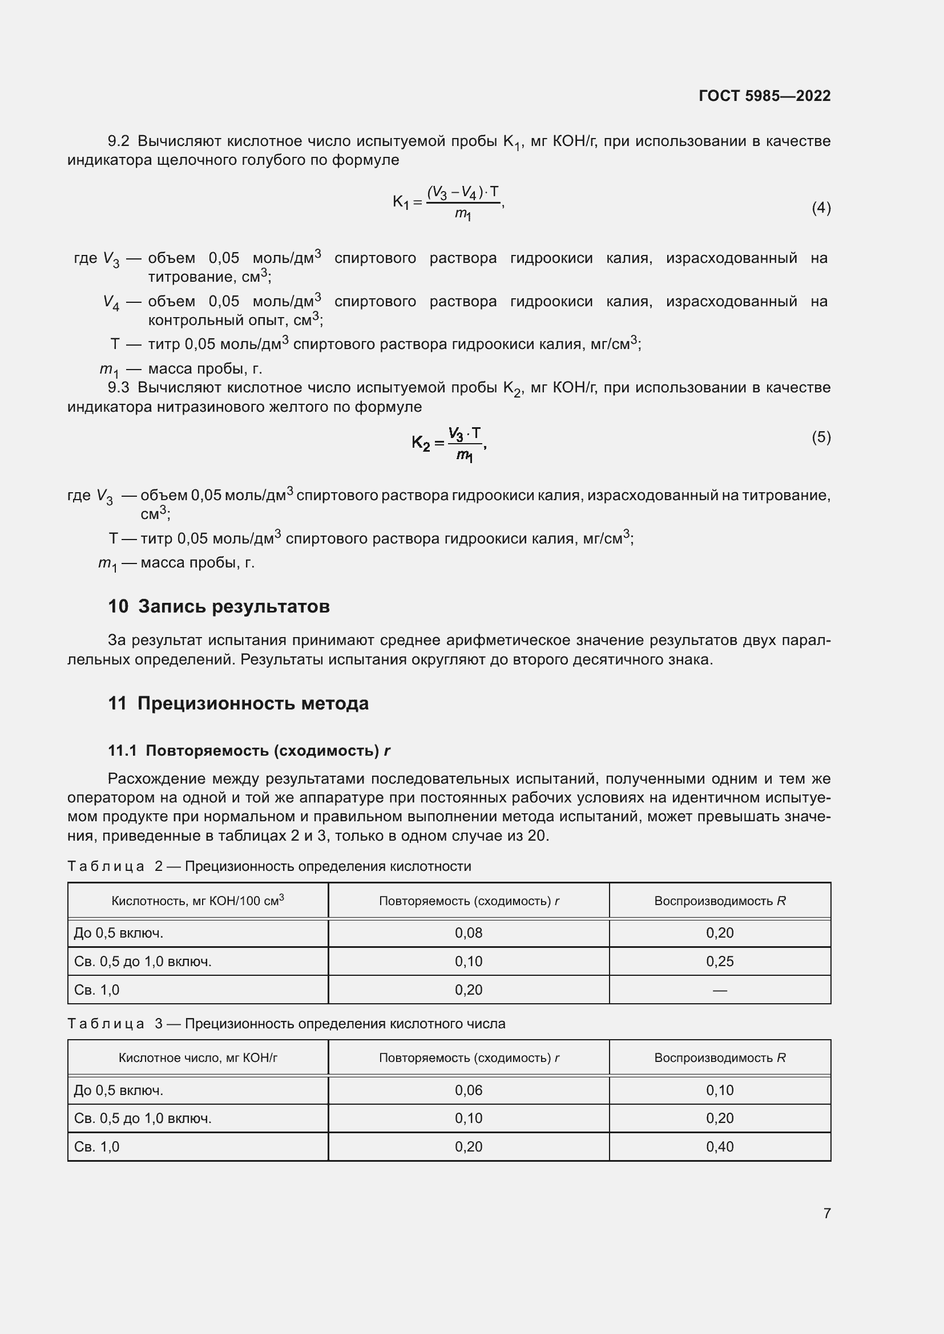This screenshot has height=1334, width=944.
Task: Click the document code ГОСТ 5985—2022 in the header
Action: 764,96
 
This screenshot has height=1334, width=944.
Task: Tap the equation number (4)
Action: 821,208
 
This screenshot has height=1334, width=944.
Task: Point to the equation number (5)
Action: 821,436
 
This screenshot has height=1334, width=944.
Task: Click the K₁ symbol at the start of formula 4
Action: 401,202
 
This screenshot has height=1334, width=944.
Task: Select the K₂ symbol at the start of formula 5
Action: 421,443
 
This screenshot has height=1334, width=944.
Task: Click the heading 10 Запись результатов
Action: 219,606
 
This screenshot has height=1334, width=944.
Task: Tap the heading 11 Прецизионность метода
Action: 239,703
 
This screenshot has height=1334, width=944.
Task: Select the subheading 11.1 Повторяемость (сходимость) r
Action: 249,751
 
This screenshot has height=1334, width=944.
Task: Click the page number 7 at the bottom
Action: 826,1213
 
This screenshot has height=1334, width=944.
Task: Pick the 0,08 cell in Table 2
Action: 469,932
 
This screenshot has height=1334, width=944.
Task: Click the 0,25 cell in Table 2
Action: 720,961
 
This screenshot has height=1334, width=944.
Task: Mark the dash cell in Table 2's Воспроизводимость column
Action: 720,990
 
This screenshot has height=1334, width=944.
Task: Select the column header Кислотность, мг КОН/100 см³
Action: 197,901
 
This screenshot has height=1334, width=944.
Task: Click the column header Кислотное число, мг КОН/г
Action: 197,1057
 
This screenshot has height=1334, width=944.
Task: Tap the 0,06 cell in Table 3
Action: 469,1090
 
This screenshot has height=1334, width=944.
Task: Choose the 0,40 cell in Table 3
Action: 720,1146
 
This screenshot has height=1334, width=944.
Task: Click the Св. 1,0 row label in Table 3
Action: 96,1146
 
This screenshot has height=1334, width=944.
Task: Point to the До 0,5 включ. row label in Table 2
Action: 119,932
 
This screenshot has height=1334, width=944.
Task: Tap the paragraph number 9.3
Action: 119,387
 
